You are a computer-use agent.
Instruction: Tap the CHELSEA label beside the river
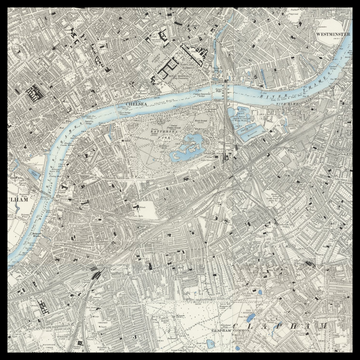pyautogui.click(x=133, y=102)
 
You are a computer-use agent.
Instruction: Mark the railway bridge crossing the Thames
pyautogui.click(x=228, y=100)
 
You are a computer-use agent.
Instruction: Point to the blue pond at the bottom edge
pyautogui.click(x=236, y=350)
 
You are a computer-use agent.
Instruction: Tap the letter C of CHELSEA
pyautogui.click(x=123, y=102)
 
